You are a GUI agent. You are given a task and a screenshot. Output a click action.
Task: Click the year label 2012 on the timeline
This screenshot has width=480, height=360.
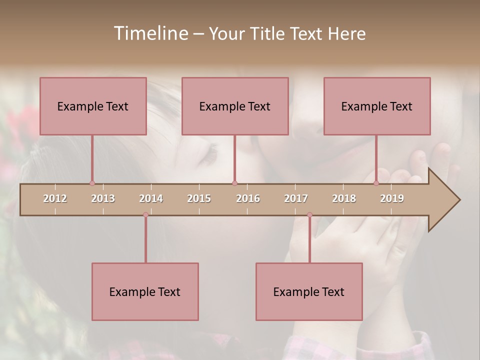pyautogui.click(x=55, y=198)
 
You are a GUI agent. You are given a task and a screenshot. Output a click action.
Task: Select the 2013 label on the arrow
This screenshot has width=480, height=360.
pyautogui.click(x=103, y=198)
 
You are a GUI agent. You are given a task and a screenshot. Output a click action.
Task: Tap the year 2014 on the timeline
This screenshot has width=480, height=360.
pyautogui.click(x=151, y=198)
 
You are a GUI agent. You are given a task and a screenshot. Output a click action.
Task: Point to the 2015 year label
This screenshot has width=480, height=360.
pyautogui.click(x=199, y=198)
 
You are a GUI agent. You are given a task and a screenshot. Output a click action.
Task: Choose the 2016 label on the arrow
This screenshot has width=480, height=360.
pyautogui.click(x=248, y=198)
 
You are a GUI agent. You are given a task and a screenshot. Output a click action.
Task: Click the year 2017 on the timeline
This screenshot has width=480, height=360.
pyautogui.click(x=296, y=198)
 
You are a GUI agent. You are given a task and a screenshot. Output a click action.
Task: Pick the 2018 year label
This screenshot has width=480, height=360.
pyautogui.click(x=344, y=198)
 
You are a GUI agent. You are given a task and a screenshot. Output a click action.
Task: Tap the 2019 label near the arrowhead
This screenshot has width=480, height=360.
pyautogui.click(x=392, y=198)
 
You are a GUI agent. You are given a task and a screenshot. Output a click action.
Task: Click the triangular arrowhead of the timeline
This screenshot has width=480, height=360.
pyautogui.click(x=443, y=200)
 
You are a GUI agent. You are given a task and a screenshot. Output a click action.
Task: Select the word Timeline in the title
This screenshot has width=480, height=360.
pyautogui.click(x=150, y=33)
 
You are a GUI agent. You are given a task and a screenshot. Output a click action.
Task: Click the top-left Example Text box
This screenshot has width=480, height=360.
pyautogui.click(x=93, y=106)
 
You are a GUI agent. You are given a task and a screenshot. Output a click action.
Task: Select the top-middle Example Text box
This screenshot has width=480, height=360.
pyautogui.click(x=235, y=106)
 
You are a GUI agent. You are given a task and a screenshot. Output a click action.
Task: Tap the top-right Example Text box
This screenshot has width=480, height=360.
pyautogui.click(x=377, y=106)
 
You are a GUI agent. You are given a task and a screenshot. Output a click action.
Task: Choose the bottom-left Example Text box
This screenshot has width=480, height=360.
pyautogui.click(x=145, y=291)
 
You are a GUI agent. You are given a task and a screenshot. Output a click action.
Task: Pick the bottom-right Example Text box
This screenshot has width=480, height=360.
pyautogui.click(x=309, y=291)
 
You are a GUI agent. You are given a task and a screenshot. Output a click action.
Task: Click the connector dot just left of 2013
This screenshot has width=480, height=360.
pyautogui.click(x=92, y=183)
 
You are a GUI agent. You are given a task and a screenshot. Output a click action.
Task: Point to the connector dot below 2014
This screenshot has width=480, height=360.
pyautogui.click(x=145, y=215)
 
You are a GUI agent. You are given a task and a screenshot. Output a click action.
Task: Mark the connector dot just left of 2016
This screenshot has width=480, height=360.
pyautogui.click(x=234, y=183)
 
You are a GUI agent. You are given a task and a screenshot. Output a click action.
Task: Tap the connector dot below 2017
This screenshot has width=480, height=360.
pyautogui.click(x=309, y=215)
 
